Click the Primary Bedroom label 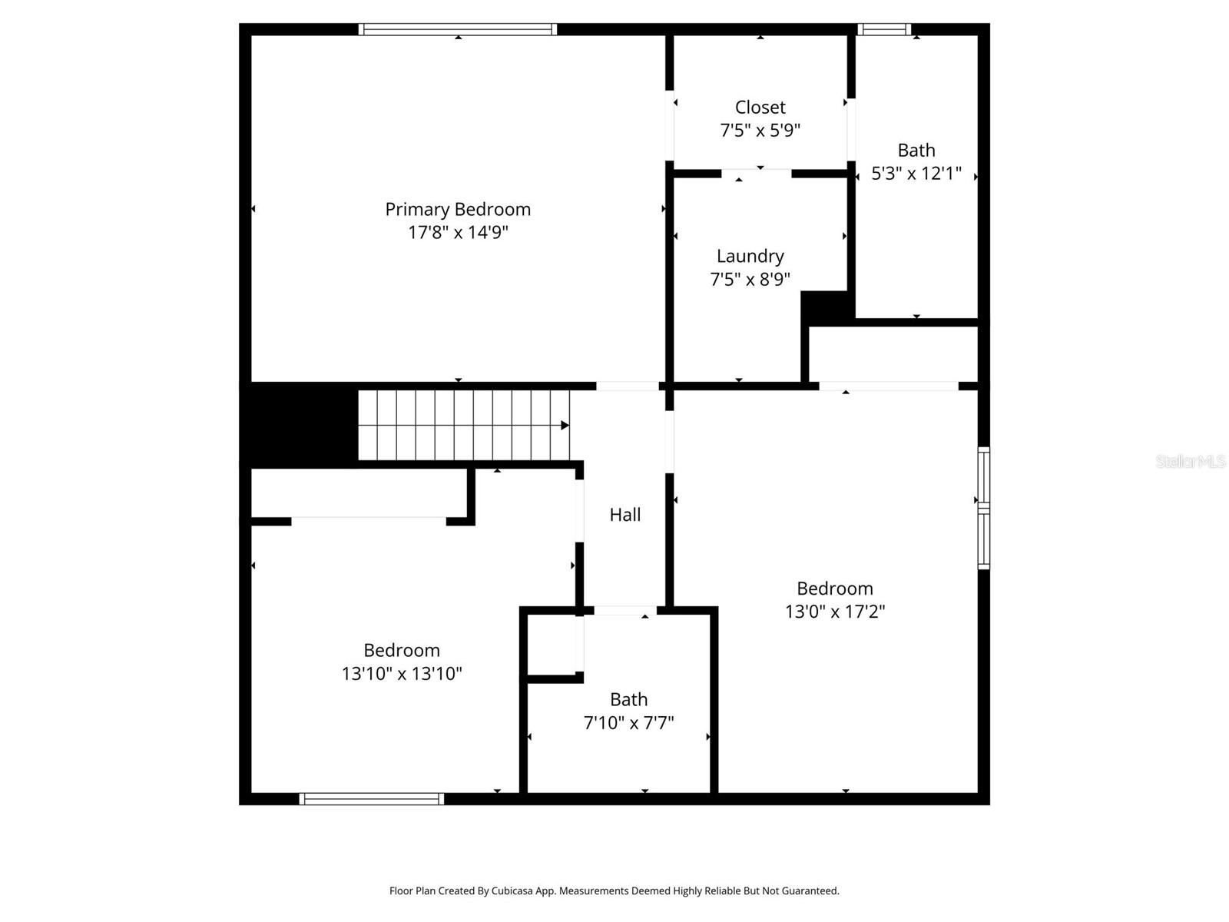coord(458,209)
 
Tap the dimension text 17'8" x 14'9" coord(458,232)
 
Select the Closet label coord(760,108)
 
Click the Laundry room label coord(750,256)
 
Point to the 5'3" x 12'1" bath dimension coord(916,174)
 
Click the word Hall coord(624,515)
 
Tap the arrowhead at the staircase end coord(565,425)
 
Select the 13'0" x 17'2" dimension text coord(834,612)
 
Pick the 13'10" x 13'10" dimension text coord(402,674)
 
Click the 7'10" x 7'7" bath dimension coord(628,723)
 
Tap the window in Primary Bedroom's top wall coord(458,29)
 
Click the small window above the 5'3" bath coord(884,29)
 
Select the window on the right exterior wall coord(983,508)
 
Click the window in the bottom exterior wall coord(371,799)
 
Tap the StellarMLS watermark coord(1190,461)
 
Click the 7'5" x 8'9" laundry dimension coord(750,279)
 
